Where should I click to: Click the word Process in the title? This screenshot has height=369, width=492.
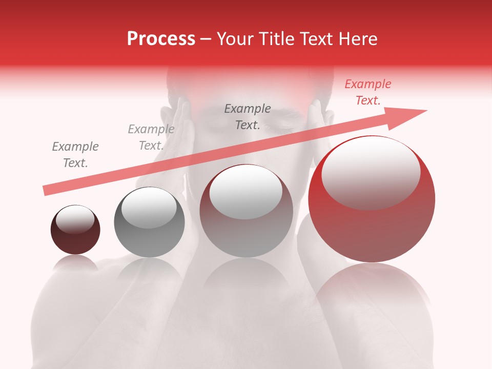(161, 39)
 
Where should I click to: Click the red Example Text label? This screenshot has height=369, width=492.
(367, 92)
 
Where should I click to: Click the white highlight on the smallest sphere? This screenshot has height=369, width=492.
(75, 220)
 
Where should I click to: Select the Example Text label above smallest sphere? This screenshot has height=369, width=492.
(75, 155)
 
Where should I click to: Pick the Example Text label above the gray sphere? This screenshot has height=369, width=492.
(151, 137)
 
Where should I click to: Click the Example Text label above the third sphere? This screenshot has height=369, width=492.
(248, 117)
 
